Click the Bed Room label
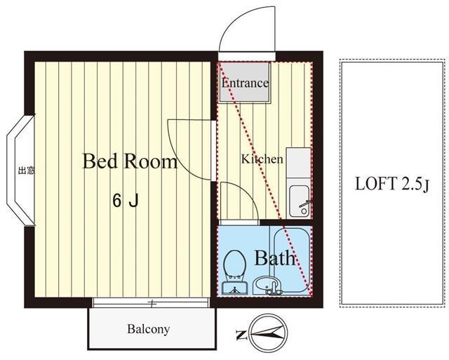click(x=130, y=161)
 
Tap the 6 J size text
click(x=126, y=201)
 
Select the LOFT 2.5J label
click(x=392, y=184)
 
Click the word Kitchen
click(x=262, y=159)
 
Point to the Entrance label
click(x=245, y=83)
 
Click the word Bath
click(x=274, y=258)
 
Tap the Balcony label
click(x=148, y=329)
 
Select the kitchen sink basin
click(x=300, y=201)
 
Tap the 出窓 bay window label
click(x=26, y=171)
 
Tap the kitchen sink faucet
click(x=305, y=204)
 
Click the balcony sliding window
click(x=152, y=302)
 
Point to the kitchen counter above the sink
click(x=298, y=163)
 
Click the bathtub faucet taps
click(x=274, y=288)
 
